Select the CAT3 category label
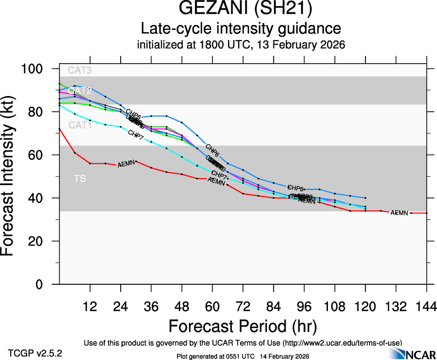point(79,71)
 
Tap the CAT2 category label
point(79,91)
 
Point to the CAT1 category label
point(79,125)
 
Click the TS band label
point(80,179)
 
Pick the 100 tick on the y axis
point(39,69)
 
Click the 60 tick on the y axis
point(44,155)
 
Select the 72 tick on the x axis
point(243,307)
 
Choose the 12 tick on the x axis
point(90,307)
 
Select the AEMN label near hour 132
point(400,213)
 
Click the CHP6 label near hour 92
point(296,188)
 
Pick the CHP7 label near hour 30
point(136,134)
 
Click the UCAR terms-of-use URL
point(342,342)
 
